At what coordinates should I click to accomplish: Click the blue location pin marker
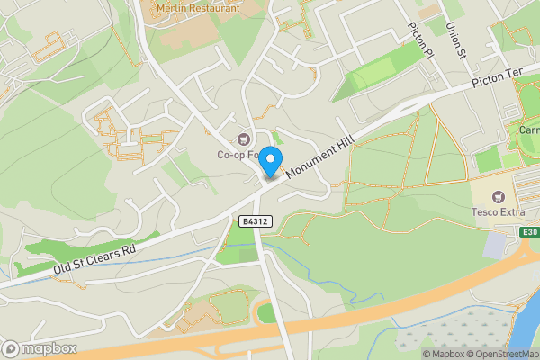pos(270,159)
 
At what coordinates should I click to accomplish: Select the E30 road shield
pos(529,231)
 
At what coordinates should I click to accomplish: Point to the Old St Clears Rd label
pos(94,257)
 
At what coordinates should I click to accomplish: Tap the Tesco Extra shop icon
pos(497,196)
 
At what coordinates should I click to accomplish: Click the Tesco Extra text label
pos(497,212)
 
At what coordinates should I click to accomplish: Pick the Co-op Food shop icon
pos(243,139)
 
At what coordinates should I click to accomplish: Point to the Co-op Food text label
pos(238,154)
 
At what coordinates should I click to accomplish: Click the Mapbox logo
pos(38,348)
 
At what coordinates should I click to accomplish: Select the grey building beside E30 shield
pos(494,244)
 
